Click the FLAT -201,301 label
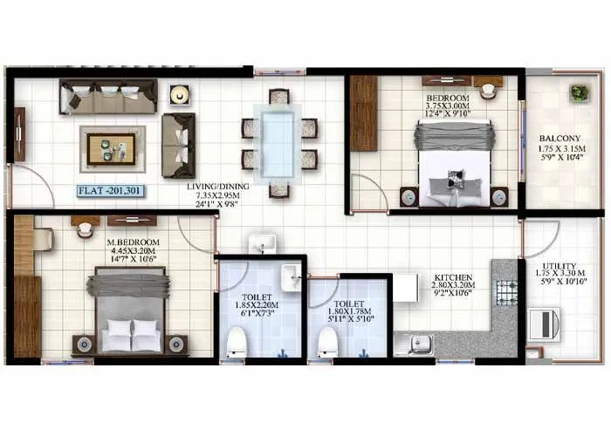click(x=111, y=189)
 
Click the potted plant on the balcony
click(x=579, y=92)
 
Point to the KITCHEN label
click(x=453, y=278)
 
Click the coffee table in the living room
click(x=111, y=148)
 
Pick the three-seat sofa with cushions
click(x=108, y=96)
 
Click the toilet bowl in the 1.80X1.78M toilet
click(x=327, y=342)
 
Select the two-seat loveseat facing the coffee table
click(x=179, y=145)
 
